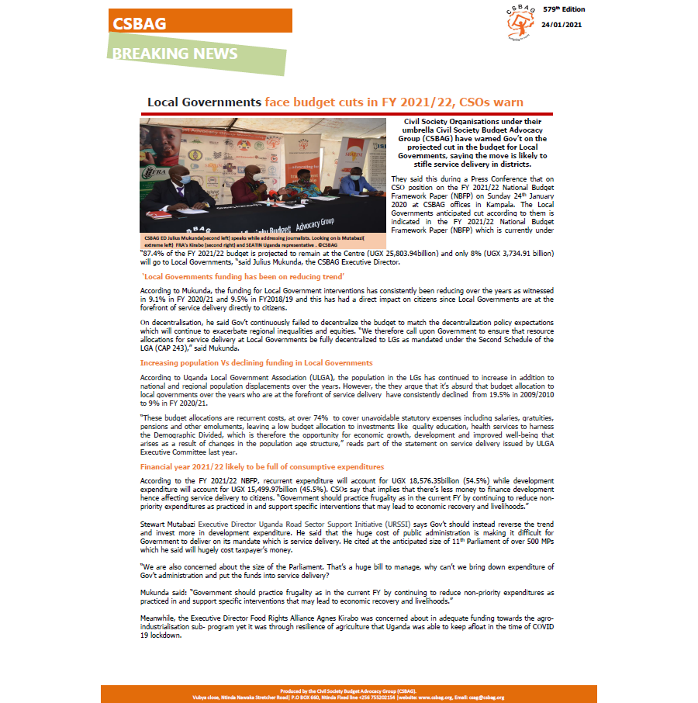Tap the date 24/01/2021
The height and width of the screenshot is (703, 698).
click(563, 25)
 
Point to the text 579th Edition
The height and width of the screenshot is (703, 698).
click(563, 9)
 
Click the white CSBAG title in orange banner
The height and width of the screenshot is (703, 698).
click(139, 23)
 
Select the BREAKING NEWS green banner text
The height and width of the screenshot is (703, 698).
click(174, 54)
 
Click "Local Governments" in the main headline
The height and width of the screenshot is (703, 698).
click(204, 102)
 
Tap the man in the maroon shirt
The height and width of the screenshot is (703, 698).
click(247, 187)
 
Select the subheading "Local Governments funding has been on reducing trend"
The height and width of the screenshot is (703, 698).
click(226, 276)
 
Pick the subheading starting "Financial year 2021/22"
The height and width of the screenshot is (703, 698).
click(262, 467)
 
